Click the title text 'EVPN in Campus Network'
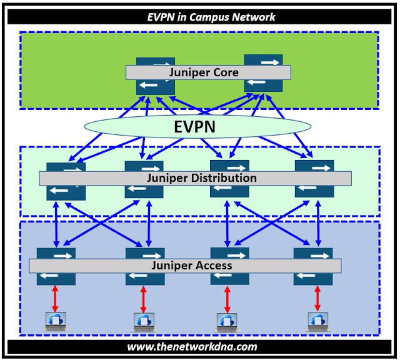[201, 17]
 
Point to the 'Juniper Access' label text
[192, 266]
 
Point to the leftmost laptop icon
[54, 321]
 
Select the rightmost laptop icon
[317, 321]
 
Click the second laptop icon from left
[144, 321]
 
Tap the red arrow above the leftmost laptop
[55, 299]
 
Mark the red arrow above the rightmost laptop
[317, 299]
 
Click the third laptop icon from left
[226, 321]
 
